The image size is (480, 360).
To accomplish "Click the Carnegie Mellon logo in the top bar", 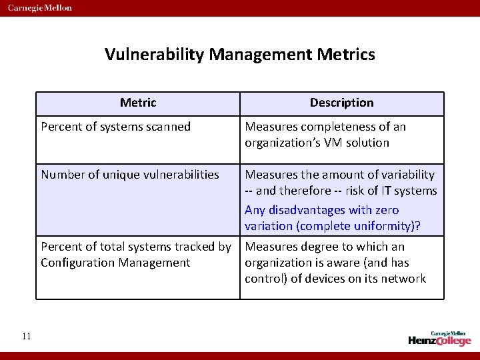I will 40,8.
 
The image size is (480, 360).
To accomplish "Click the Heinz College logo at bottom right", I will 439,338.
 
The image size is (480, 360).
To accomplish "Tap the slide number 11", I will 26,336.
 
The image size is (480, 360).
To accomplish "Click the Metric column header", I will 138,103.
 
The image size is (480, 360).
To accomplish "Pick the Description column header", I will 341,103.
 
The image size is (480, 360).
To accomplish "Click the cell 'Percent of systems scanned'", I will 116,127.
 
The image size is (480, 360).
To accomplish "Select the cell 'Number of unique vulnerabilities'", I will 130,175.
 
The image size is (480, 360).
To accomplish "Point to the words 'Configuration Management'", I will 115,263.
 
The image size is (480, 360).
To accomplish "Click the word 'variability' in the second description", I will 402,175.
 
